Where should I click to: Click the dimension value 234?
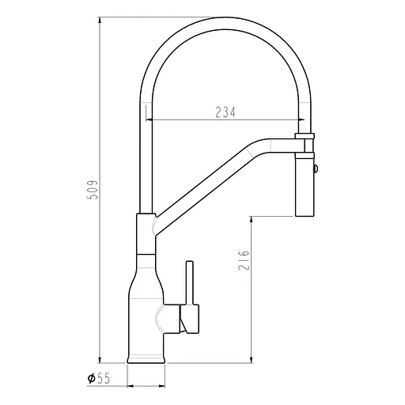point(225,112)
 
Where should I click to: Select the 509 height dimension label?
point(93,190)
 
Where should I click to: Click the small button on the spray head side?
point(317,168)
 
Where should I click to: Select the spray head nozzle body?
point(305,186)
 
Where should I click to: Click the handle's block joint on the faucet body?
point(189,320)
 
